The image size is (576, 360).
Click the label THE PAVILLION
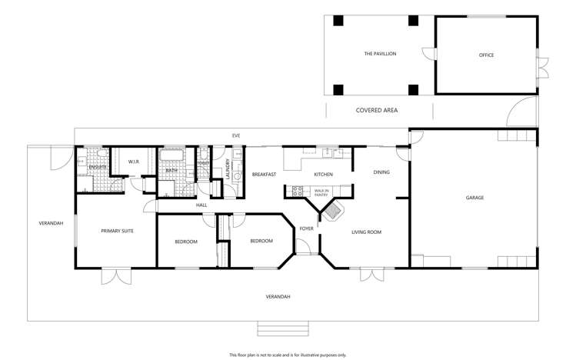[x=380, y=55]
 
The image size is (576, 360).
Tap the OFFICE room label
[x=485, y=55]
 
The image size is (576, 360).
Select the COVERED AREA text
[x=376, y=111]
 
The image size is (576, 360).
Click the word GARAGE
[x=474, y=198]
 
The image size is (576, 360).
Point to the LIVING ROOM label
[x=367, y=232]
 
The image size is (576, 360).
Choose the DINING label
[x=381, y=172]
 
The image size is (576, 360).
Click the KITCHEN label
[x=323, y=175]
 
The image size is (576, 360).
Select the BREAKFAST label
[x=264, y=175]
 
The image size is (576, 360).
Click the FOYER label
[x=306, y=228]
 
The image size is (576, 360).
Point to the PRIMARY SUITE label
[x=118, y=230]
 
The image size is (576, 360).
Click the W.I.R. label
[x=133, y=162]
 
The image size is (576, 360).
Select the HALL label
[x=201, y=205]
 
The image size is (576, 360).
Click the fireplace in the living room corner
[x=331, y=209]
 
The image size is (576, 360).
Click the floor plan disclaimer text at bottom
[x=288, y=355]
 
